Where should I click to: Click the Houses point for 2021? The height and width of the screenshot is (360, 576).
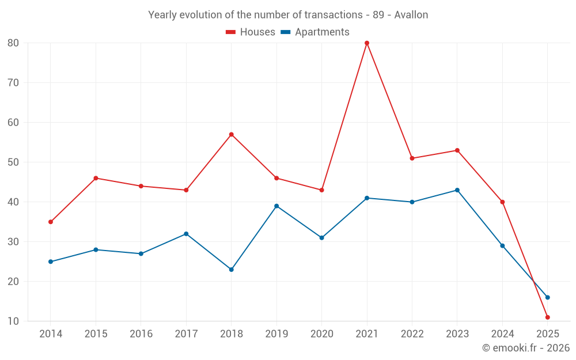pos(367,43)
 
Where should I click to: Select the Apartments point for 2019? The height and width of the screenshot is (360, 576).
pos(276,206)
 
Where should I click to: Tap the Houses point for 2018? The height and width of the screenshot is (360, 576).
pos(232,135)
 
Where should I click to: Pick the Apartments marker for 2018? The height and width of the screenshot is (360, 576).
pos(232,270)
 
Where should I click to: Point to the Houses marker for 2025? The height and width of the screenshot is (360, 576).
pos(548,317)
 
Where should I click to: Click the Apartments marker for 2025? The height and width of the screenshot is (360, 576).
pos(548,297)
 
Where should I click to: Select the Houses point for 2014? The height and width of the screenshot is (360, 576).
pos(51,222)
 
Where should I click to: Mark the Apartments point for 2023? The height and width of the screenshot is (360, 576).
pos(457,190)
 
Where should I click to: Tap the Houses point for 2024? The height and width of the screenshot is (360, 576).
pos(502,202)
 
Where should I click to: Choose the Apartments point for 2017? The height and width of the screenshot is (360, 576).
pos(186,234)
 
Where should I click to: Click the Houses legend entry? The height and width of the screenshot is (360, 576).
pos(251,32)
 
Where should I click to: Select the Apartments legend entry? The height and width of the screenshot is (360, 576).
pos(315,32)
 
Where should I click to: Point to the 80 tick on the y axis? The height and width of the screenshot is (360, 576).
pos(13,43)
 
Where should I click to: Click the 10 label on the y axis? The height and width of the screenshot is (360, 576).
pos(13,321)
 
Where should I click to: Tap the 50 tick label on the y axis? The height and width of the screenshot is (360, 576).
pos(13,162)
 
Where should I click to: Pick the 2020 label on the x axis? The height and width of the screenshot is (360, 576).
pos(322,334)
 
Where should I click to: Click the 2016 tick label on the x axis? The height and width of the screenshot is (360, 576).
pos(141,334)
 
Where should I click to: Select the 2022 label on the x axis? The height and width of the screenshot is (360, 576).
pos(412,334)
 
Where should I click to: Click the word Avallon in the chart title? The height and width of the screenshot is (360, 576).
pos(411,15)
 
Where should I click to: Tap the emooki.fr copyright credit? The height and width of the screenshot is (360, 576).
pos(526,348)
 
